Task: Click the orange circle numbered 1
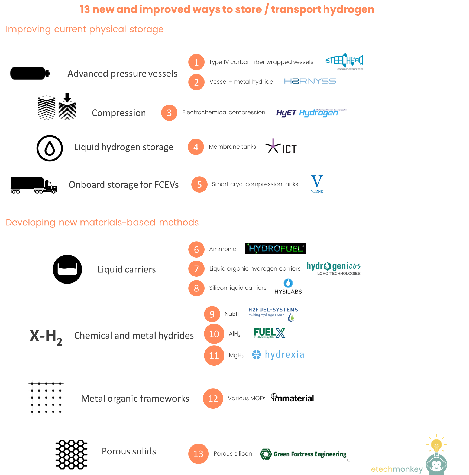pos(196,62)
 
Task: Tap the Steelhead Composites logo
pos(344,61)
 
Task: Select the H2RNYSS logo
pos(310,81)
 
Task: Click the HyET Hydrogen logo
pos(311,112)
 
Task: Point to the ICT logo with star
pos(281,146)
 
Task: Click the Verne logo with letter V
pos(317,185)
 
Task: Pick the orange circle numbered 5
pos(199,185)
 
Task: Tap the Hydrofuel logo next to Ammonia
pos(276,249)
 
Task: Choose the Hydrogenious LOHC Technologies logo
pos(334,268)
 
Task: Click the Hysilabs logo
pos(288,287)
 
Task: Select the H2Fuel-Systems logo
pos(273,313)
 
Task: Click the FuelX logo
pos(269,333)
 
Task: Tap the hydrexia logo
pos(278,355)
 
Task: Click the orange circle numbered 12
pos(213,399)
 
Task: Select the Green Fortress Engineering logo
pos(304,454)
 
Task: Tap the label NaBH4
pos(233,314)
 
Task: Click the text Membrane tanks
pos(232,147)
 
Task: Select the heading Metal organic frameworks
pos(135,399)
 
